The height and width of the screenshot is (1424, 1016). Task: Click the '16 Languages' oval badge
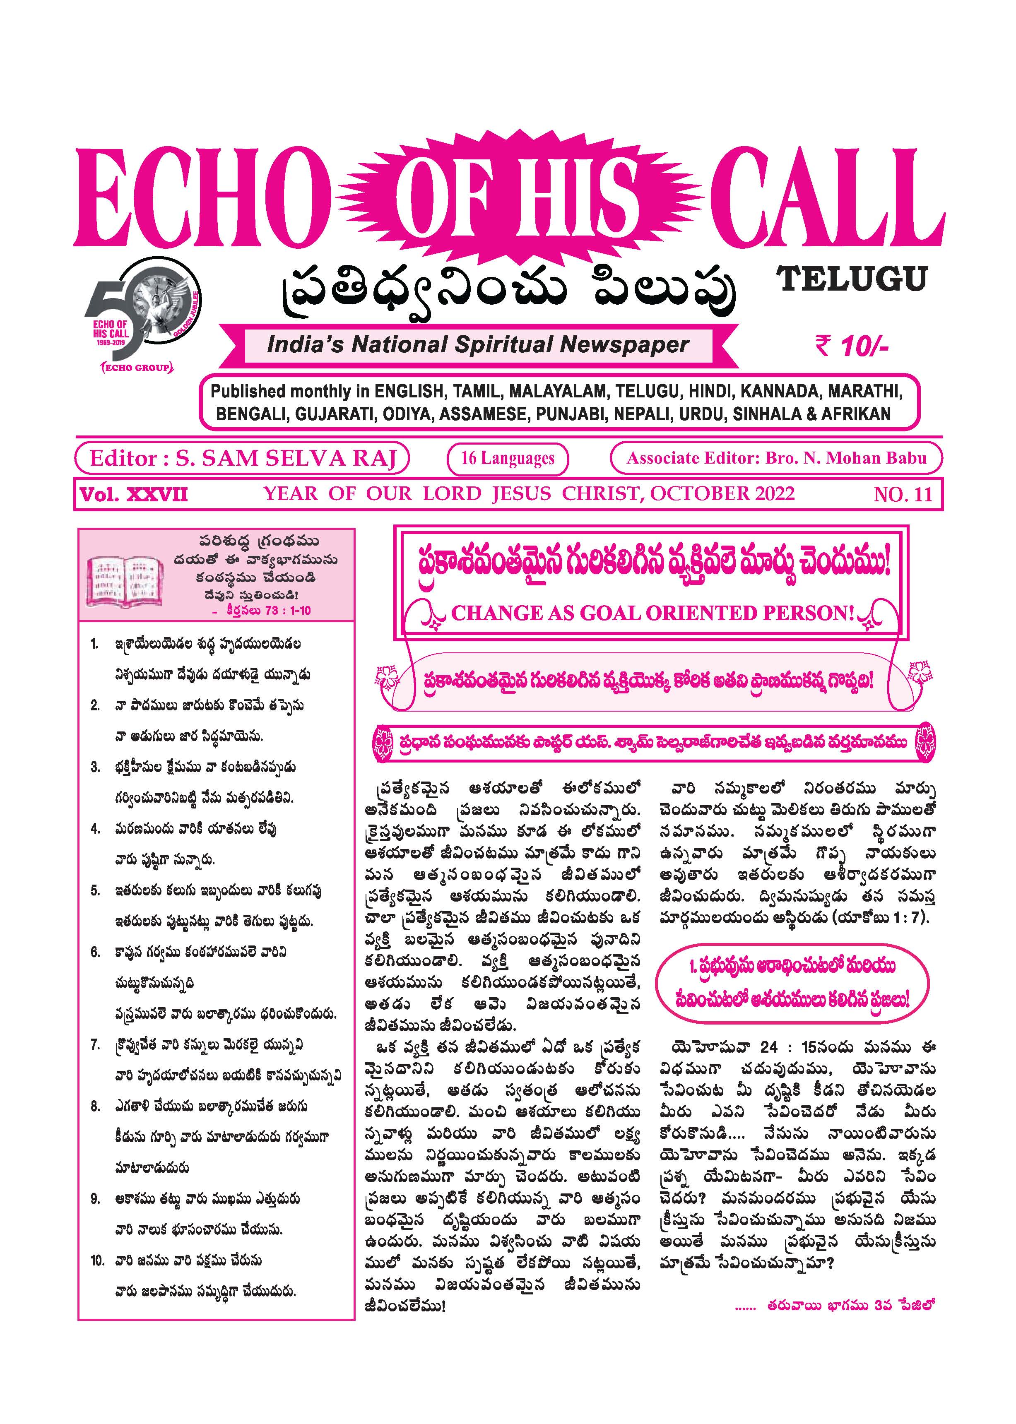click(x=507, y=458)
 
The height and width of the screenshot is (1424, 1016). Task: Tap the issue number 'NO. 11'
click(x=903, y=494)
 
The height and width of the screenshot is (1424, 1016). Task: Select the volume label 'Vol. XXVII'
click(x=133, y=495)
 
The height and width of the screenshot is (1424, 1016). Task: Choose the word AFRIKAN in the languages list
click(x=855, y=414)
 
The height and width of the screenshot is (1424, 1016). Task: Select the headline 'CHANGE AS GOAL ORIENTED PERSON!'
click(x=652, y=613)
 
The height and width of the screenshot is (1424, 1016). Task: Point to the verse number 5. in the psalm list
click(x=95, y=890)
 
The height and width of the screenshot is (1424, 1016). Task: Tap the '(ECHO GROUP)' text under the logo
click(x=136, y=367)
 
